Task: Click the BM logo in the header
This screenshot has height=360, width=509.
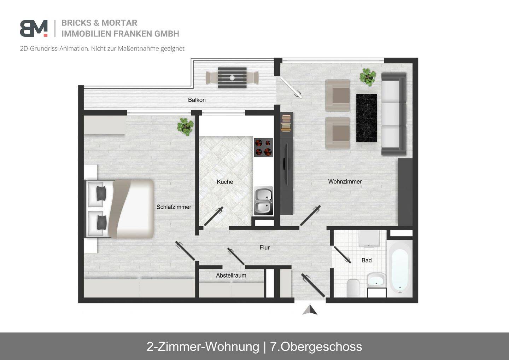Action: pyautogui.click(x=34, y=28)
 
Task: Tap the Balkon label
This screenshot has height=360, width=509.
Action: pyautogui.click(x=197, y=100)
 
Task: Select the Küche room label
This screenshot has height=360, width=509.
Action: pyautogui.click(x=225, y=182)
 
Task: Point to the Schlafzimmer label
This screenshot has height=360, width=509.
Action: pyautogui.click(x=174, y=207)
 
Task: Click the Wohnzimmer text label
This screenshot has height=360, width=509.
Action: pyautogui.click(x=345, y=181)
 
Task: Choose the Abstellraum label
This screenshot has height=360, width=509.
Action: pyautogui.click(x=231, y=275)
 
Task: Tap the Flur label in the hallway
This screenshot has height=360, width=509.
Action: pyautogui.click(x=265, y=248)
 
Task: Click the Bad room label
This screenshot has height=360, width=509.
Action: pyautogui.click(x=367, y=261)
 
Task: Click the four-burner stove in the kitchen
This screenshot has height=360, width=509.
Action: pyautogui.click(x=263, y=147)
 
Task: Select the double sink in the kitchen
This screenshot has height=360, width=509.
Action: pyautogui.click(x=264, y=201)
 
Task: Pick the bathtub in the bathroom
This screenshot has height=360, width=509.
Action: pyautogui.click(x=400, y=269)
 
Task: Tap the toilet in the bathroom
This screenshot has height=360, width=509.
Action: pyautogui.click(x=353, y=288)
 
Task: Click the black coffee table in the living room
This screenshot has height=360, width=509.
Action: pyautogui.click(x=367, y=118)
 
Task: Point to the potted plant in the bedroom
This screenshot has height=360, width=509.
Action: pyautogui.click(x=186, y=127)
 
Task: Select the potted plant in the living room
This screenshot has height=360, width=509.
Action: pyautogui.click(x=368, y=77)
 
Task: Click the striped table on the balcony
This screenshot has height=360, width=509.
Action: pyautogui.click(x=232, y=78)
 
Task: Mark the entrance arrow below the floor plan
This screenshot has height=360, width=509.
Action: pyautogui.click(x=310, y=310)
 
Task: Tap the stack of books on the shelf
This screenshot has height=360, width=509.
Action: pyautogui.click(x=286, y=123)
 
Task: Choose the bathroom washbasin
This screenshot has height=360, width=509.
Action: pyautogui.click(x=376, y=280)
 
